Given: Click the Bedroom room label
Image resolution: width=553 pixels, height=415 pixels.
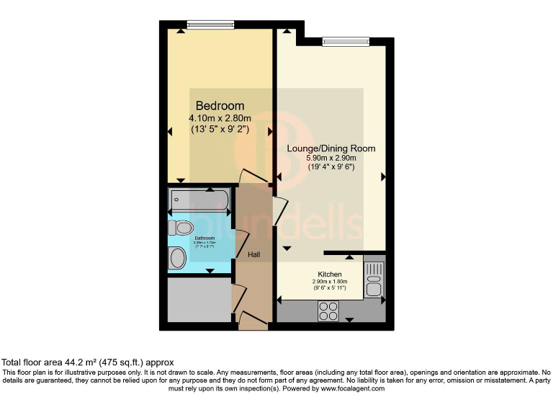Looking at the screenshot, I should pyautogui.click(x=220, y=106).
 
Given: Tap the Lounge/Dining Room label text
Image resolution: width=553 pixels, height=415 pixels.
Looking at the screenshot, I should pyautogui.click(x=331, y=148).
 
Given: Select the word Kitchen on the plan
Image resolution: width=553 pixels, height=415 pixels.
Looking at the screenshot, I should pyautogui.click(x=330, y=274).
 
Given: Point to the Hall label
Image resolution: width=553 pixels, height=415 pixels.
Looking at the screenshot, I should pyautogui.click(x=255, y=254).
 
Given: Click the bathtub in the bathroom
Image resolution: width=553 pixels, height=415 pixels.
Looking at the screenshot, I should pyautogui.click(x=199, y=199).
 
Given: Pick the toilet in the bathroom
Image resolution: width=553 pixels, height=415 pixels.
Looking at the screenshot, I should pyautogui.click(x=180, y=228).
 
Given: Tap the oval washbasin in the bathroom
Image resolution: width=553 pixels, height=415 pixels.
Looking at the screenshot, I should pyautogui.click(x=177, y=258).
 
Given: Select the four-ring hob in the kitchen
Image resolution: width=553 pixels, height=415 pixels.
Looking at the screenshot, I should pyautogui.click(x=328, y=311).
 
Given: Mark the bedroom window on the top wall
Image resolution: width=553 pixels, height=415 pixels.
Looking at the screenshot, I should pyautogui.click(x=210, y=24).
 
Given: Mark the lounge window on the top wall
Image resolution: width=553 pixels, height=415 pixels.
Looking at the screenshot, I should pyautogui.click(x=346, y=41).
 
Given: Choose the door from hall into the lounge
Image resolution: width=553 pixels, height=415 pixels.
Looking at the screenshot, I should pyautogui.click(x=279, y=210).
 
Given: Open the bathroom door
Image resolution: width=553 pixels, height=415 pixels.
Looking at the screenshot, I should pyautogui.click(x=241, y=241).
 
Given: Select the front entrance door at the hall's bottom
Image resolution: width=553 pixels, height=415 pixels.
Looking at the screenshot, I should pyautogui.click(x=252, y=319).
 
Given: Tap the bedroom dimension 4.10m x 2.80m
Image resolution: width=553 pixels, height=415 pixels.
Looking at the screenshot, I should pyautogui.click(x=220, y=119).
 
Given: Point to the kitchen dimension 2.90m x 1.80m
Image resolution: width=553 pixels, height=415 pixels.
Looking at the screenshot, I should pyautogui.click(x=330, y=282).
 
